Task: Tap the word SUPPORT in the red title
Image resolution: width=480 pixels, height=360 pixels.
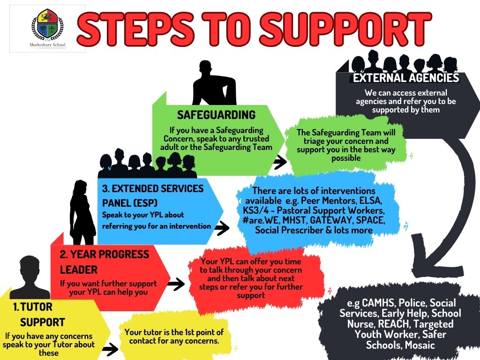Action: [x=345, y=29]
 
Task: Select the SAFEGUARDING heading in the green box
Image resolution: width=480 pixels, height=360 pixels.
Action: [x=216, y=115]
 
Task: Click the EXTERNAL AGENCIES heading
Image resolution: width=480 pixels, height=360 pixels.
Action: [x=406, y=78]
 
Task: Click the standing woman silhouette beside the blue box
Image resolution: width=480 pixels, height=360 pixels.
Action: [x=82, y=212]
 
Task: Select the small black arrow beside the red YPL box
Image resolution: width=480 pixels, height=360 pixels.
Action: [x=176, y=284]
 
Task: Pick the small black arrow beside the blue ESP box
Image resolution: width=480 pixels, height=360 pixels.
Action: [x=222, y=228]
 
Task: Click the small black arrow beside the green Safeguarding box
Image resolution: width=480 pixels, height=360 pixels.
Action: [x=279, y=162]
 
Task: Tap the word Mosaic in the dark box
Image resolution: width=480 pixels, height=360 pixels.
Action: [x=420, y=345]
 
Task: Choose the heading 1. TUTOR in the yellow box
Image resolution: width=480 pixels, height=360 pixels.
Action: [x=33, y=307]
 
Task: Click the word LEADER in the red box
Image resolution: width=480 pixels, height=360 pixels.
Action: [x=79, y=270]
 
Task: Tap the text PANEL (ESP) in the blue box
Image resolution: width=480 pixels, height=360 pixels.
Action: [x=130, y=202]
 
